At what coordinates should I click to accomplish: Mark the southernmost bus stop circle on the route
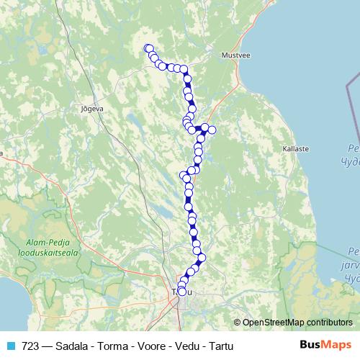pos(181,292)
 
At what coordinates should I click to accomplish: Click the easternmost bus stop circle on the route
pos(212,130)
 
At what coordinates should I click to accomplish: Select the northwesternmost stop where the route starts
pos(148,48)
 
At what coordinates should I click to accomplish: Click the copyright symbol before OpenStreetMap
pos(237,322)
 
